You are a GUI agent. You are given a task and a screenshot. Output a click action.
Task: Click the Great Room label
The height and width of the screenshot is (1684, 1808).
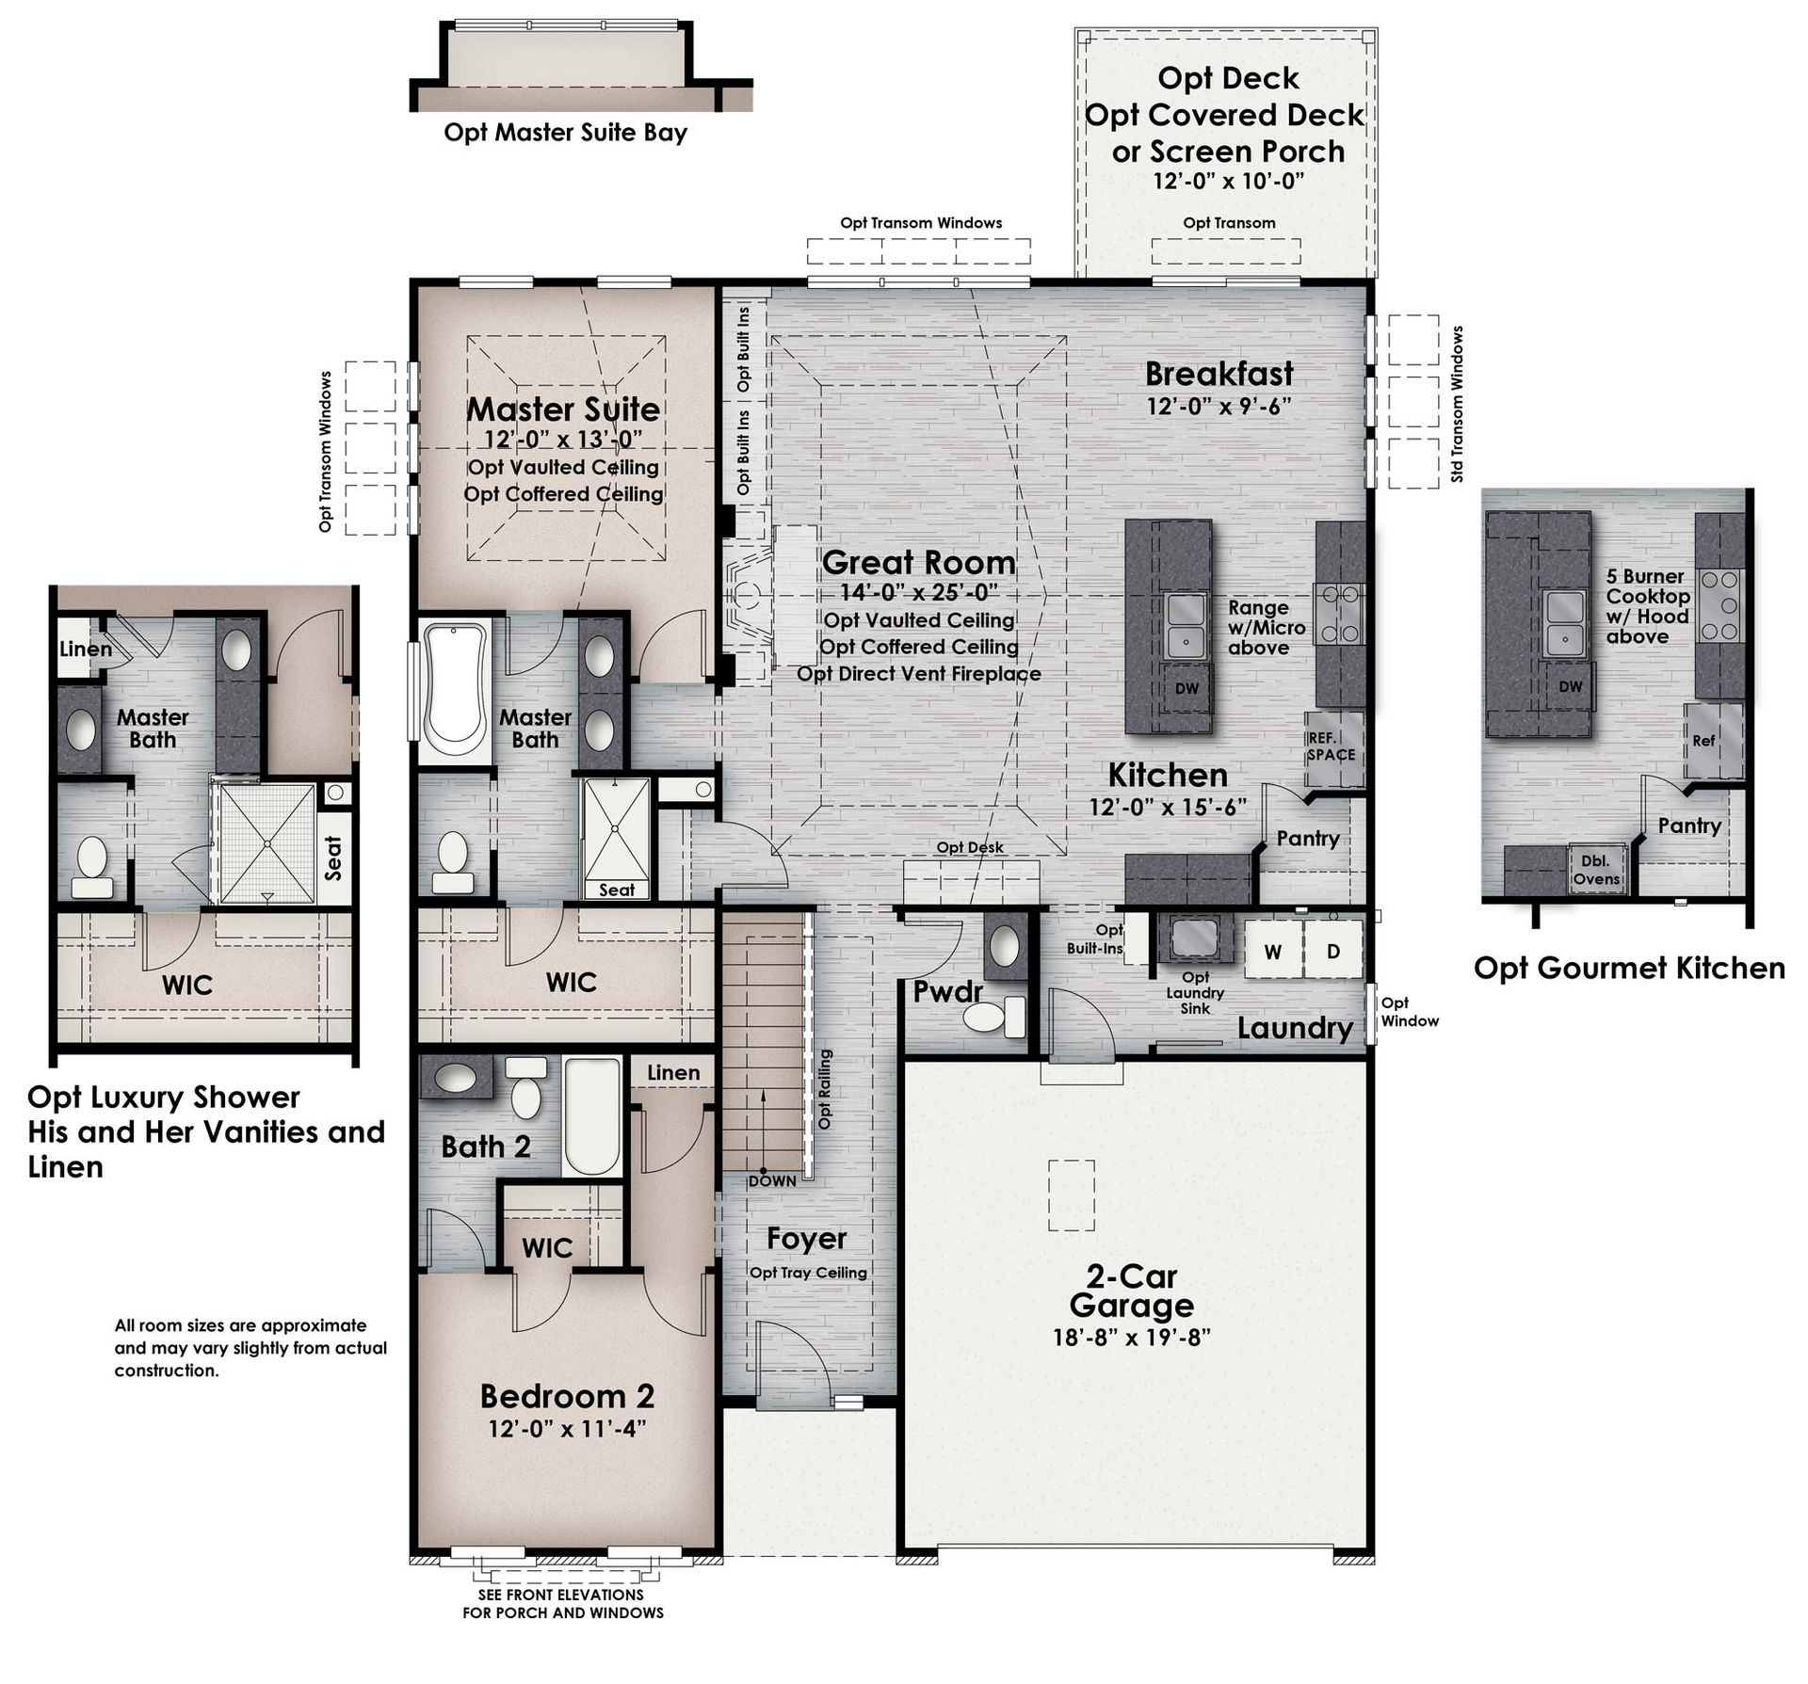coord(919,562)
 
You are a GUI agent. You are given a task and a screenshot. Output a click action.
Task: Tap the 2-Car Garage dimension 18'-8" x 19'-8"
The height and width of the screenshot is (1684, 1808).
coord(1131,1338)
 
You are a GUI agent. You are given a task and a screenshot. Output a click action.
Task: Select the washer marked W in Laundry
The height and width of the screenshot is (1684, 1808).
coord(1273,951)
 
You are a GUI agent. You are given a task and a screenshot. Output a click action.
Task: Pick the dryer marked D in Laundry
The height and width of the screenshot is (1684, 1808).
coord(1333,951)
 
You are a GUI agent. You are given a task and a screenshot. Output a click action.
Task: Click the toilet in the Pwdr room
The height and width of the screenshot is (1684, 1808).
coord(993,1017)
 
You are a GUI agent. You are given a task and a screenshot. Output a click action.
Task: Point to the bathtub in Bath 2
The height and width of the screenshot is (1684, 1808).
coord(592,1117)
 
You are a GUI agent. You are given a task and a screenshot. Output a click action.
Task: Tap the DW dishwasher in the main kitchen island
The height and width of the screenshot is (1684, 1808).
coord(1186,688)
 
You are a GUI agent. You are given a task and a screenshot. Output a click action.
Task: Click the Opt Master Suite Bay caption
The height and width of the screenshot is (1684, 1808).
coord(565,133)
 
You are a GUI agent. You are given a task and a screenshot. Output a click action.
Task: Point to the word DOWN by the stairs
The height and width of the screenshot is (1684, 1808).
coord(772,1180)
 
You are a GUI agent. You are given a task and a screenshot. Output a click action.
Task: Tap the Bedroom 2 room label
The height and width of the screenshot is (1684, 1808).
coord(567,1395)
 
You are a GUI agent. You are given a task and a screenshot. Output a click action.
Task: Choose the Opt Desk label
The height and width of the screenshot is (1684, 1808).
coord(969,847)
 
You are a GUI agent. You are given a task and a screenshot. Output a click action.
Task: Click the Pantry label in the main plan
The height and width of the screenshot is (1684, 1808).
coord(1308,839)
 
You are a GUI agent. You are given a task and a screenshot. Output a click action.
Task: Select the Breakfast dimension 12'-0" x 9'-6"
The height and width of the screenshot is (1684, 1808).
coord(1219,406)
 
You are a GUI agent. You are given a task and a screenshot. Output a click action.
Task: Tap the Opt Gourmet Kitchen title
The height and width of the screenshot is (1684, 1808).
coord(1629,968)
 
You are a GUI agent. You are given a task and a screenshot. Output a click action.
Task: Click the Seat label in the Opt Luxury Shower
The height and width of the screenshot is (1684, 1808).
coord(332,858)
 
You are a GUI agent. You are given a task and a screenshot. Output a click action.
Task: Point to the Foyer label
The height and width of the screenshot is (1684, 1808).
coord(806,1239)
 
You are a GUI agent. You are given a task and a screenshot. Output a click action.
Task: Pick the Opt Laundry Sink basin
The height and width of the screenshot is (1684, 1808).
coord(1195,938)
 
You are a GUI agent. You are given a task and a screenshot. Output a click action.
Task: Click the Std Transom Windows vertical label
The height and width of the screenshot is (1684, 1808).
coord(1458,404)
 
